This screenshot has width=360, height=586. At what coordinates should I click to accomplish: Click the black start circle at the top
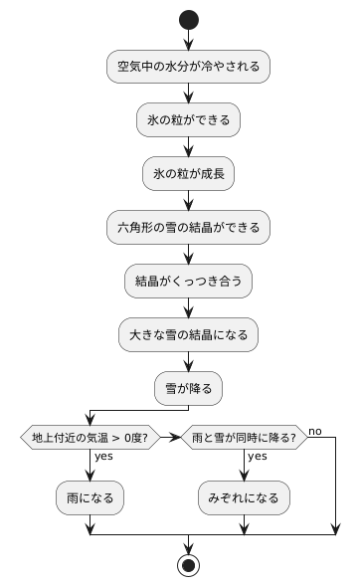click(x=188, y=20)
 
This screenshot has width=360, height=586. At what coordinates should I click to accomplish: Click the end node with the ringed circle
click(x=188, y=565)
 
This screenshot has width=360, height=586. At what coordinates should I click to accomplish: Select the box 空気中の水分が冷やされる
click(x=188, y=67)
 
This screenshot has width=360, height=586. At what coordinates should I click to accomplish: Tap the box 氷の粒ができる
click(x=188, y=120)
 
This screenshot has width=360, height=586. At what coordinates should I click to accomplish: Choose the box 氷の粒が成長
click(x=188, y=174)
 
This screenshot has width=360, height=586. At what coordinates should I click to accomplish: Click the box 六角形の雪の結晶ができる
click(x=188, y=228)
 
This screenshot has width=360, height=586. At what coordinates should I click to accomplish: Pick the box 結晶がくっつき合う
click(x=188, y=282)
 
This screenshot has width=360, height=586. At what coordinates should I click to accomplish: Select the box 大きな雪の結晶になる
click(x=188, y=334)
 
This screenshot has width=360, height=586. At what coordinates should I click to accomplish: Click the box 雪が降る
click(x=188, y=388)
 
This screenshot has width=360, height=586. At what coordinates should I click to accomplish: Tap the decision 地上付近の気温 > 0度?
click(x=90, y=437)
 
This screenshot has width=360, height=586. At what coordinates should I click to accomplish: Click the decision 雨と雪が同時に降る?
click(x=243, y=437)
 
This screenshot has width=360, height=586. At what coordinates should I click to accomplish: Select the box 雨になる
click(x=90, y=495)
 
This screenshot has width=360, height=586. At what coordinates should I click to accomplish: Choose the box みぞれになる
click(x=243, y=495)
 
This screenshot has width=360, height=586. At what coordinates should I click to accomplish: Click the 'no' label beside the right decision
click(x=315, y=430)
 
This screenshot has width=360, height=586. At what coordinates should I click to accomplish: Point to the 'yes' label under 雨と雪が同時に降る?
click(x=258, y=457)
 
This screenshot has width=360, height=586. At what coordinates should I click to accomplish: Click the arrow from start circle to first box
click(x=188, y=41)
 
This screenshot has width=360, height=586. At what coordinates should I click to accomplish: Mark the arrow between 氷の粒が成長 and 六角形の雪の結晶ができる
click(x=188, y=201)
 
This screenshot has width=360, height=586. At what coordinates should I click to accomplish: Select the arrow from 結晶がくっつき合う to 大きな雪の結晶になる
click(x=188, y=307)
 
